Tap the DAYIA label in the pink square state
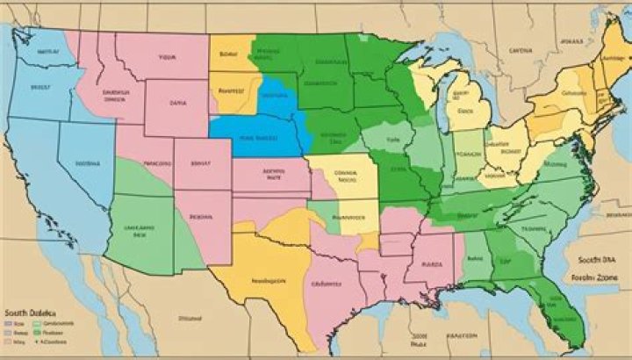(x=177, y=102)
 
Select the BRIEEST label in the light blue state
(x=40, y=87)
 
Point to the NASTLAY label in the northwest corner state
(x=46, y=51)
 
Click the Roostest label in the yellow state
(x=230, y=90)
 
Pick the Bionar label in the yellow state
(x=229, y=54)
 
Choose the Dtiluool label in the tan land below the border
(x=189, y=317)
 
